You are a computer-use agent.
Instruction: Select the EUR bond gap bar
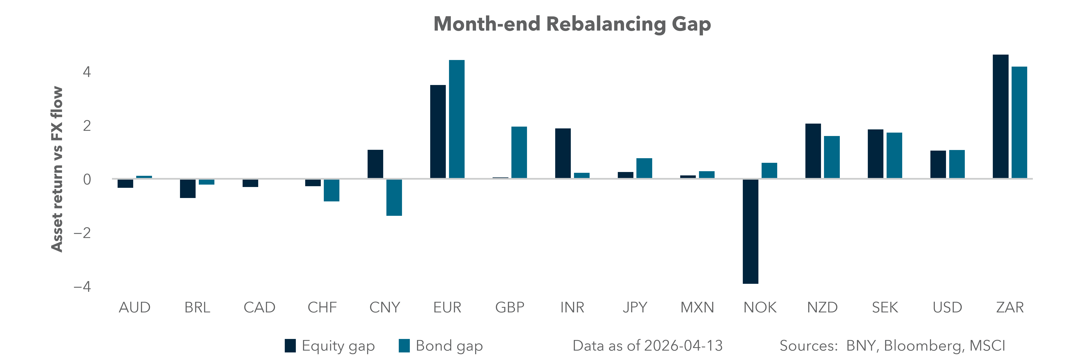point(457,119)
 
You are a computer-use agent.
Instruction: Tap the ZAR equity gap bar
point(1000,117)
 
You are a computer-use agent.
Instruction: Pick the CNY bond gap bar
point(394,197)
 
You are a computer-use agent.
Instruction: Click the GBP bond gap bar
point(519,153)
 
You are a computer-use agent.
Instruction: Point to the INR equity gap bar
point(563,153)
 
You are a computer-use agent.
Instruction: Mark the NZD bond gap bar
point(832,157)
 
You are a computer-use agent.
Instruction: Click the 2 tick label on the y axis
point(87,126)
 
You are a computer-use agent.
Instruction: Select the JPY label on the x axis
point(635,308)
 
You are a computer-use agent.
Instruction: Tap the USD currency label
point(947,308)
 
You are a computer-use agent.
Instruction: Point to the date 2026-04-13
point(683,346)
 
